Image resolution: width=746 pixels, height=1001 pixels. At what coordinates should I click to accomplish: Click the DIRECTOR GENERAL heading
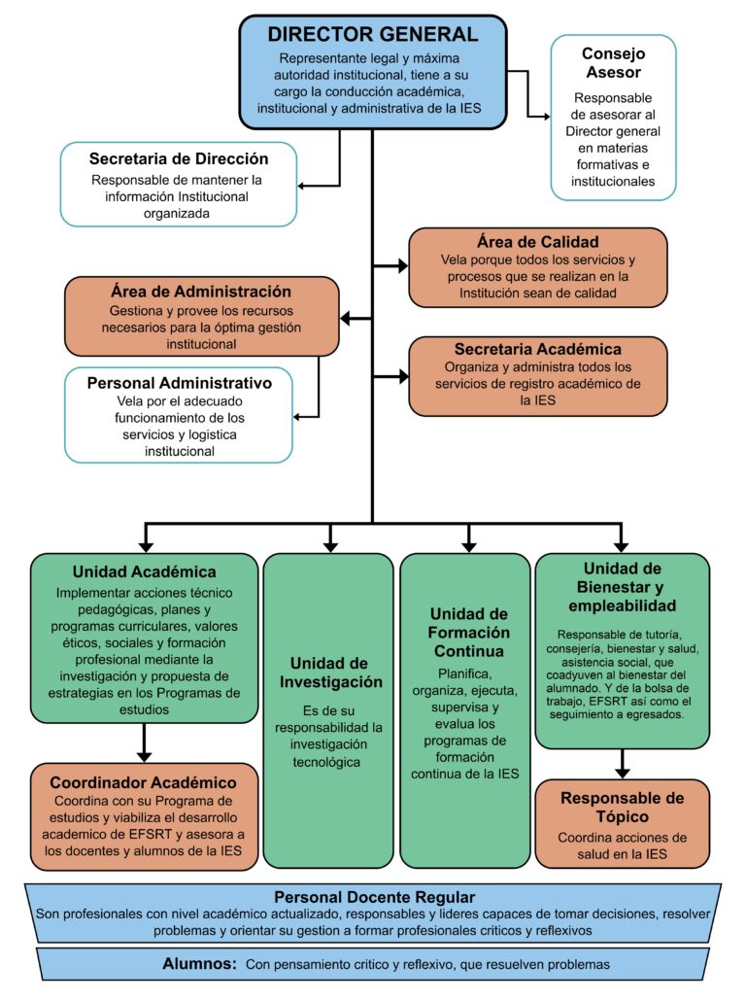click(373, 34)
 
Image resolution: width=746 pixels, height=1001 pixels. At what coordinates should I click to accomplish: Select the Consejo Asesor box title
click(612, 62)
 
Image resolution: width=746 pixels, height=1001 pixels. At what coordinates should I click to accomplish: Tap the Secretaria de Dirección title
click(179, 158)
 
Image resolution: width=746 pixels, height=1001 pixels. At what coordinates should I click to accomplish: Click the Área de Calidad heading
click(537, 242)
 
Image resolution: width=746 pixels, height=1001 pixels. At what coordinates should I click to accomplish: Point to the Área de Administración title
click(201, 291)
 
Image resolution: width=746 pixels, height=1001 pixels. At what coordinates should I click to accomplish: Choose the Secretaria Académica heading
click(537, 349)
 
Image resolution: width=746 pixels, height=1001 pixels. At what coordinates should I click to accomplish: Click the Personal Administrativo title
click(179, 383)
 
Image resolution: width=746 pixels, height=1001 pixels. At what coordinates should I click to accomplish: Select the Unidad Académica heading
click(144, 570)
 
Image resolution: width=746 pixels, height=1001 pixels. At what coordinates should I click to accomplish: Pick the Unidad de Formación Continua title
click(469, 632)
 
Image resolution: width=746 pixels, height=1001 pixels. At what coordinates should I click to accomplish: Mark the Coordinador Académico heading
click(144, 782)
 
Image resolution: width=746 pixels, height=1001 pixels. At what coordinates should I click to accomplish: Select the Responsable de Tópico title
click(623, 809)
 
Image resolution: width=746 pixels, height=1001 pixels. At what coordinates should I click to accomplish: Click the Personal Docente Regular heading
click(374, 896)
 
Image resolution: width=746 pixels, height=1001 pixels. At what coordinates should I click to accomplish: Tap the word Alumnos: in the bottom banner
click(200, 964)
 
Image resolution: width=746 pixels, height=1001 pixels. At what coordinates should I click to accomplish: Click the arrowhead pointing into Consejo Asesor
click(544, 116)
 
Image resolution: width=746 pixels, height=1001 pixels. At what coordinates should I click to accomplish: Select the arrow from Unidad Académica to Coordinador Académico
click(144, 744)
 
